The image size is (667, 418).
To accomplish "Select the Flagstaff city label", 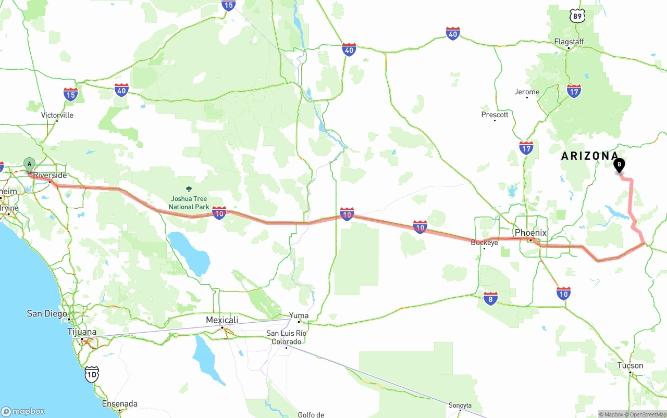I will [x=569, y=42].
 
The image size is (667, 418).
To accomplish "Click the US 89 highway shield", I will [x=577, y=16].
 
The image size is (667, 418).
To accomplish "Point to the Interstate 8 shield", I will [x=490, y=298].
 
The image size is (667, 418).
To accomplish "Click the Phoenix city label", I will [x=530, y=233].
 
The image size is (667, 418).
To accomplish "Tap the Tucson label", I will [x=630, y=365].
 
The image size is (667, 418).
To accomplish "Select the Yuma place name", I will [x=299, y=315].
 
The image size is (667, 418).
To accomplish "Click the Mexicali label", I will [x=222, y=320].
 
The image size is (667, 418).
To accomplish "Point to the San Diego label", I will [x=47, y=313].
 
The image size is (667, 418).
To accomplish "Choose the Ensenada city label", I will [x=120, y=403].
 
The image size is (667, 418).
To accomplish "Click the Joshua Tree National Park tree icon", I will [x=189, y=189].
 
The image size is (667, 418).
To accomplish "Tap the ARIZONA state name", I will [x=589, y=156].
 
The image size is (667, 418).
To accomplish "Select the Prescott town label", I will [x=495, y=115].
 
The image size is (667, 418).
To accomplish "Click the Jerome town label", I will [x=527, y=92].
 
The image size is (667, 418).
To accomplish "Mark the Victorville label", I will [x=57, y=115].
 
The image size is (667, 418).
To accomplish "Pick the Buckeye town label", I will [x=484, y=243].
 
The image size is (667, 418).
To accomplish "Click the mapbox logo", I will [x=23, y=411].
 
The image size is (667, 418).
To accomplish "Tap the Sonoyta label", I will [x=460, y=406].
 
